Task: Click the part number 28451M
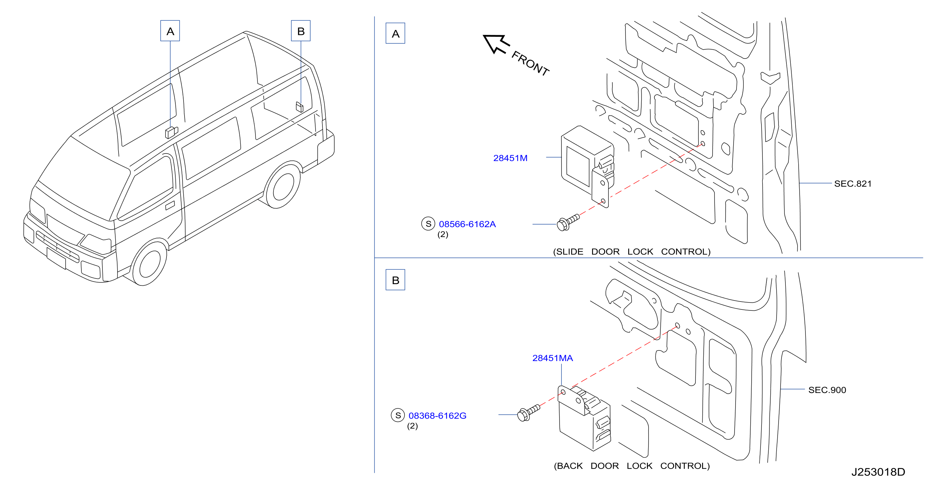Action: (x=510, y=158)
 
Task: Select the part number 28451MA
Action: (x=553, y=358)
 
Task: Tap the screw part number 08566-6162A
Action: (x=467, y=224)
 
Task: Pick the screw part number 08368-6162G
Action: (x=437, y=416)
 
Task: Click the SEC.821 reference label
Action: (x=853, y=183)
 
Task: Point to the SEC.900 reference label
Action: (x=827, y=390)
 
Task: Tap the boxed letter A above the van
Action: (x=170, y=31)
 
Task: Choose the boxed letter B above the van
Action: (x=301, y=31)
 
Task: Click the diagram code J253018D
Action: (x=878, y=472)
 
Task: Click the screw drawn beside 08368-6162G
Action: (x=528, y=413)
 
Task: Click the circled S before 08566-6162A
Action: (x=428, y=224)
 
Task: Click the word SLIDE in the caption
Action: (x=569, y=252)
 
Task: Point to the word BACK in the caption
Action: (x=569, y=466)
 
